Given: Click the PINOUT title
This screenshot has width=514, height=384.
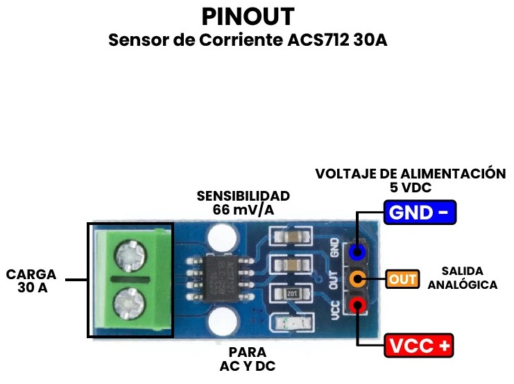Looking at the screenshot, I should click(x=248, y=17).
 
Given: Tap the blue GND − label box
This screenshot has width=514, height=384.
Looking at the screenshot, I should click(x=419, y=212).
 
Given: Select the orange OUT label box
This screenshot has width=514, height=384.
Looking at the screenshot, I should click(x=403, y=279).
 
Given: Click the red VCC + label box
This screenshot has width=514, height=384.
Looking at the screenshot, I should click(x=419, y=344).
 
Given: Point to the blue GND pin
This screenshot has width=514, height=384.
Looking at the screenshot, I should click(x=358, y=251).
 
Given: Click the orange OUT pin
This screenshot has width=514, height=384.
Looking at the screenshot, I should click(x=358, y=279).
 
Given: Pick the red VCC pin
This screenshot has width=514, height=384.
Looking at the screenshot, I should click(x=358, y=305).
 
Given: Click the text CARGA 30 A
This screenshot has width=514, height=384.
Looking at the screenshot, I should click(x=31, y=281).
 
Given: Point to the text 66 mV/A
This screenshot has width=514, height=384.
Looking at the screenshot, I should click(x=243, y=209).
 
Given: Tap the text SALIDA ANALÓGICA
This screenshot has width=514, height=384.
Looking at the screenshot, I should click(x=463, y=278).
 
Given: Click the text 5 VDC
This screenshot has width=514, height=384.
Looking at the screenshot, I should click(x=411, y=187).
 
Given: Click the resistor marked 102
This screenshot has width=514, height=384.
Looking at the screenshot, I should click(x=287, y=293).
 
